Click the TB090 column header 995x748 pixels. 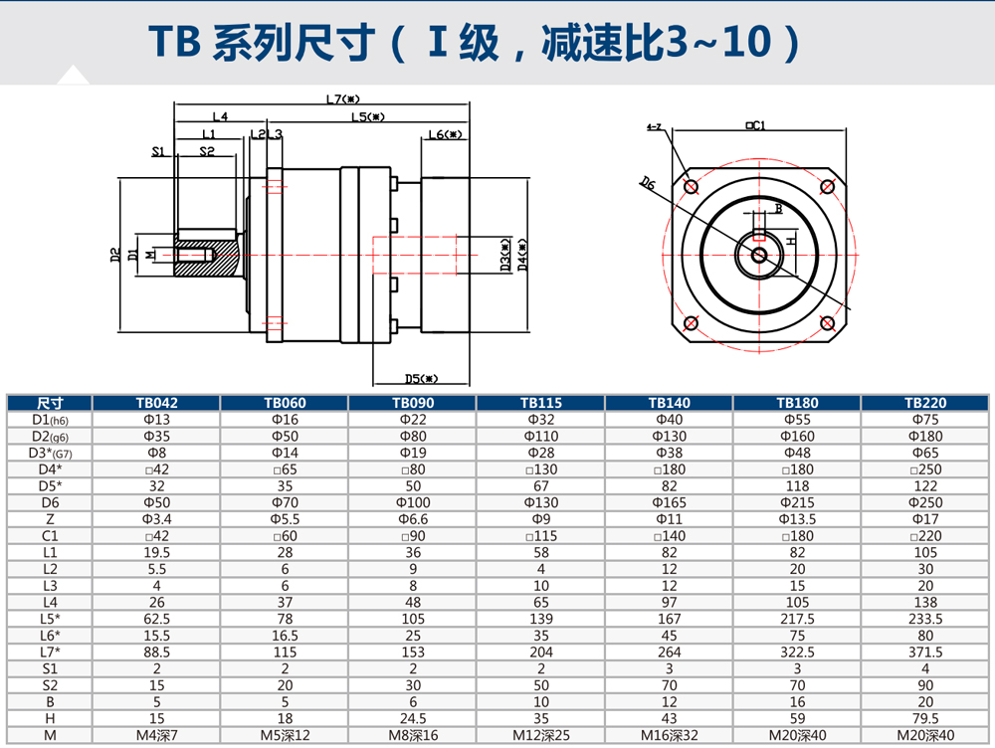412,404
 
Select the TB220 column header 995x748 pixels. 925,404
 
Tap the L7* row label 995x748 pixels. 50,652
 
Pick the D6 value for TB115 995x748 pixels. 540,502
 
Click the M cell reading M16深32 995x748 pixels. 669,734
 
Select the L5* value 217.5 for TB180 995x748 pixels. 797,619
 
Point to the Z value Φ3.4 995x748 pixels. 155,519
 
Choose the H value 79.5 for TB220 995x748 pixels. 925,718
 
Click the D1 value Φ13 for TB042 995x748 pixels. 155,420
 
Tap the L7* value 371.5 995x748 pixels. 925,652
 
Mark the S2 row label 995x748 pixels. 50,684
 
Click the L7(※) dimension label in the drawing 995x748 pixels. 341,98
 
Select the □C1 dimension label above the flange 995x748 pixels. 754,125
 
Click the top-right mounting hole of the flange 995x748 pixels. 825,187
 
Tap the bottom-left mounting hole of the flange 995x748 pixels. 691,322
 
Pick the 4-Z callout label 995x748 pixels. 655,128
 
